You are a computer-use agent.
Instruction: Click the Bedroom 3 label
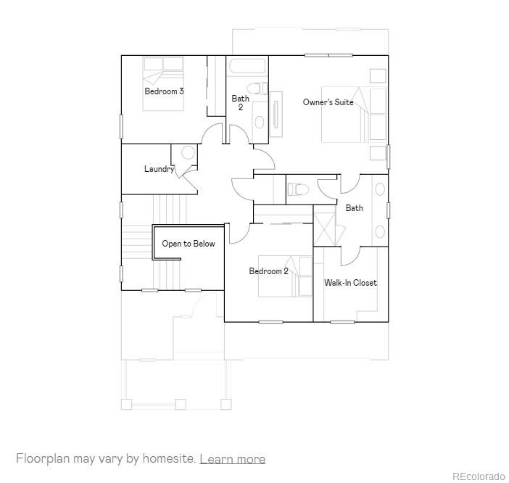point(164,91)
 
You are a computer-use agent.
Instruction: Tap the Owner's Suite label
point(328,102)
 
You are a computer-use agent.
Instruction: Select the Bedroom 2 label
point(268,271)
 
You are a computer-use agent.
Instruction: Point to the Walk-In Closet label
point(350,283)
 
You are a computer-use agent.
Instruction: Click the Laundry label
point(158,169)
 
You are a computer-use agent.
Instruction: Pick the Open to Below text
point(189,244)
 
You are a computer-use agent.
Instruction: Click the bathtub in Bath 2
point(247,67)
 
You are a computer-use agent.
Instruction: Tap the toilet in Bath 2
point(259,89)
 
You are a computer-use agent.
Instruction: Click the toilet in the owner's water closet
point(298,190)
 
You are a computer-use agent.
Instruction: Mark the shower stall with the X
point(326,226)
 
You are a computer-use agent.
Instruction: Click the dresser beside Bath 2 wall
point(276,114)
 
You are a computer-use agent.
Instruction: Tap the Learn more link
point(232,459)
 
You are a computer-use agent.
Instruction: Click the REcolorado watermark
point(479,476)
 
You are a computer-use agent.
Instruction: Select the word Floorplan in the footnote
point(43,459)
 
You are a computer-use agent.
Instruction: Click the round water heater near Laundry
point(188,153)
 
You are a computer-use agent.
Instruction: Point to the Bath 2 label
point(240,103)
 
